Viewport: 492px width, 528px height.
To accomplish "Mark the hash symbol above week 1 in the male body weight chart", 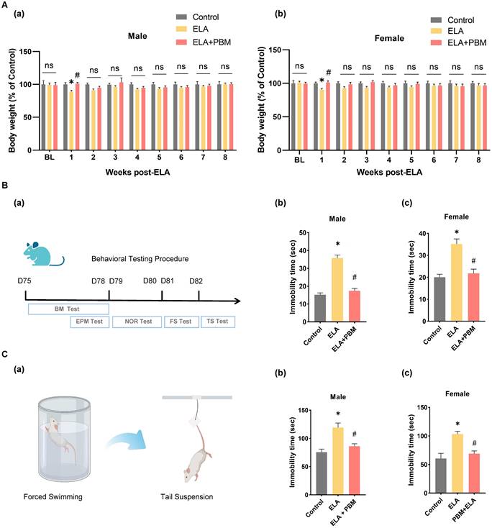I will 76,74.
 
